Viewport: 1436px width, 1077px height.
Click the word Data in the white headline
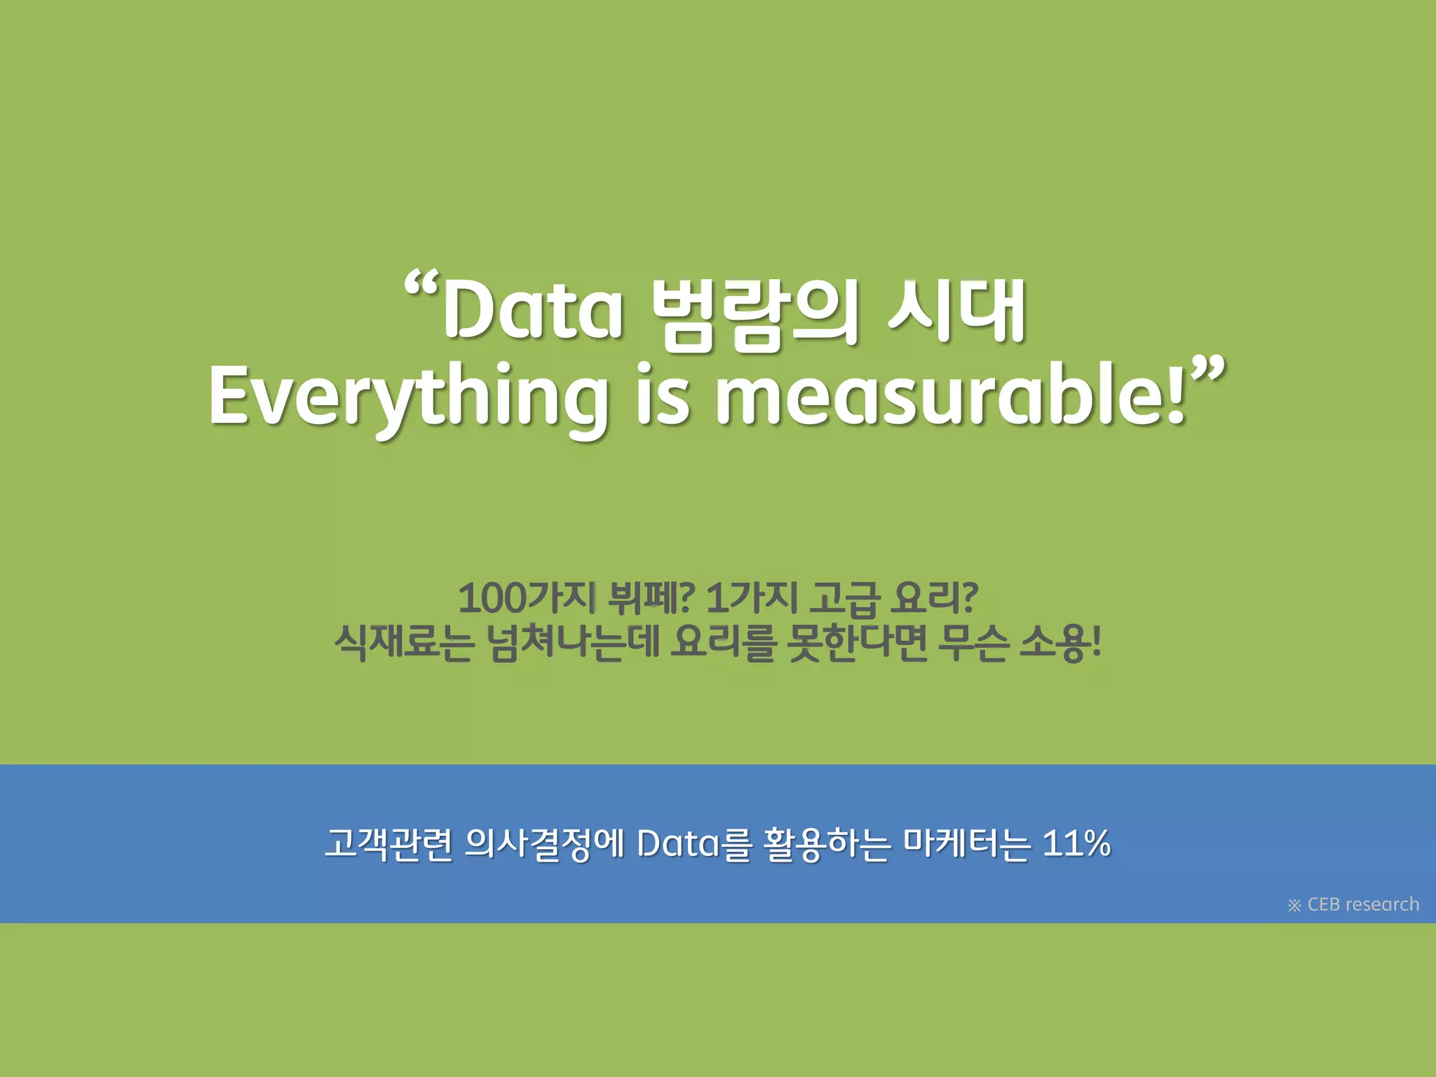[533, 309]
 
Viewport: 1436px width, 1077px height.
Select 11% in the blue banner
[1076, 843]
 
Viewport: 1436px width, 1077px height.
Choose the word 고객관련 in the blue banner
[388, 844]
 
